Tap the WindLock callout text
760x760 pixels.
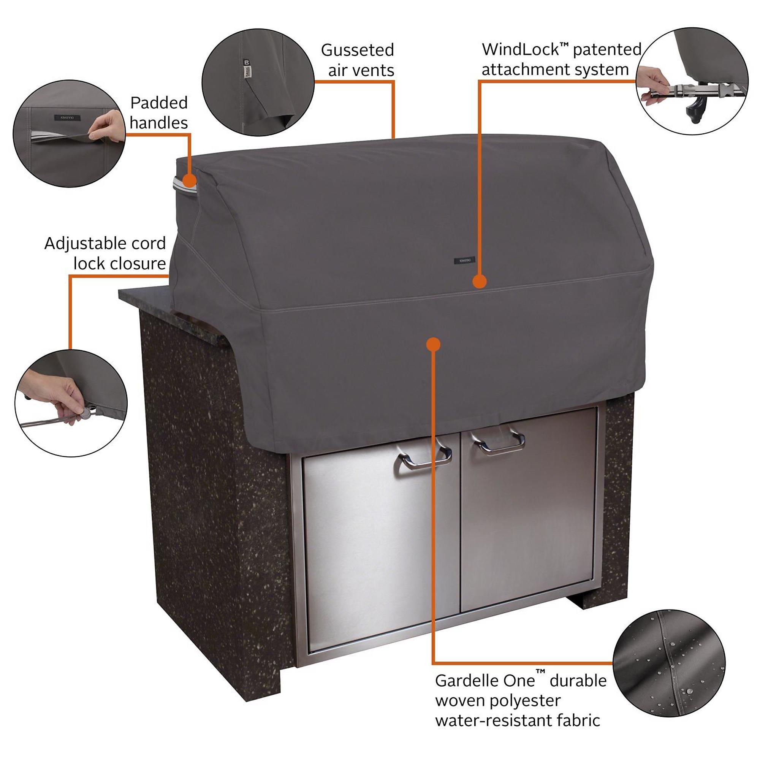[561, 59]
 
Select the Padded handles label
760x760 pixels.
[159, 112]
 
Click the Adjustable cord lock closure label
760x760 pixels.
[105, 253]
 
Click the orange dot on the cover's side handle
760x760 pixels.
[190, 181]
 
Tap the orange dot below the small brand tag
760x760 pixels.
[479, 282]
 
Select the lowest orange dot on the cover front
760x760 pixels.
[433, 345]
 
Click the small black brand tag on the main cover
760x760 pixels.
[465, 260]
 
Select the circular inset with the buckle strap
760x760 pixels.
[692, 81]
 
